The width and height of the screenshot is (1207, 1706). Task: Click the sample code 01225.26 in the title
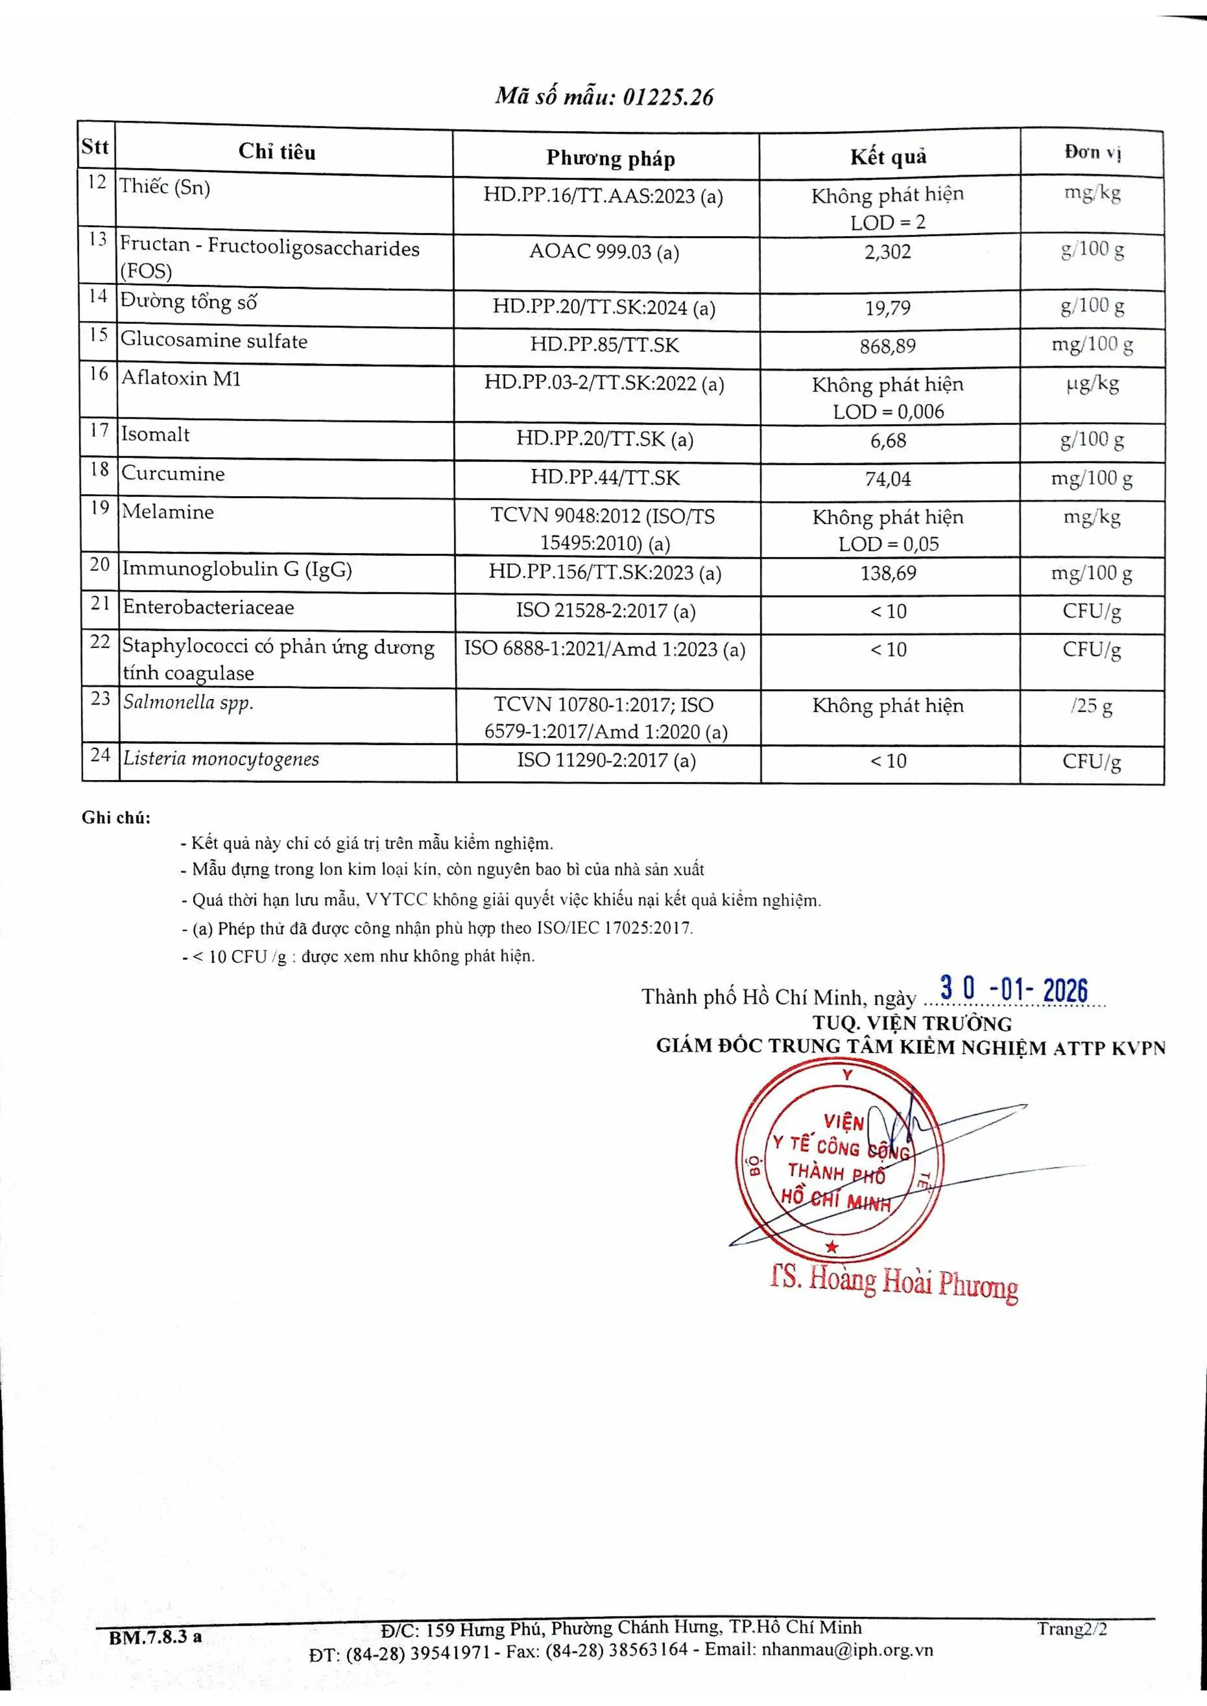[x=667, y=97]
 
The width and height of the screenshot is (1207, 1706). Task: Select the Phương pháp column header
[x=610, y=158]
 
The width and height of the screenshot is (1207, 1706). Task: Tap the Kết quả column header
[x=888, y=157]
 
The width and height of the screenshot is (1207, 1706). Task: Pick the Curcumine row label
[x=173, y=474]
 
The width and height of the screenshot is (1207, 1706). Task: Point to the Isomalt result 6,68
[x=888, y=441]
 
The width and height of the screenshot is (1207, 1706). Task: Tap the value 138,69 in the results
[x=888, y=574]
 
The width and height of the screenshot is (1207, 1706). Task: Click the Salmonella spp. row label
[x=188, y=702]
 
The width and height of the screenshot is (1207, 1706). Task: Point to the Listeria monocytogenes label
[x=221, y=759]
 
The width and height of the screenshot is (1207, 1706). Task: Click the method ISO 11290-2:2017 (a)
[x=607, y=761]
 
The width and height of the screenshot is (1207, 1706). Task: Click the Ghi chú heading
[x=116, y=818]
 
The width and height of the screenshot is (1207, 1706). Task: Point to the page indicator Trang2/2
[x=1072, y=1630]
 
